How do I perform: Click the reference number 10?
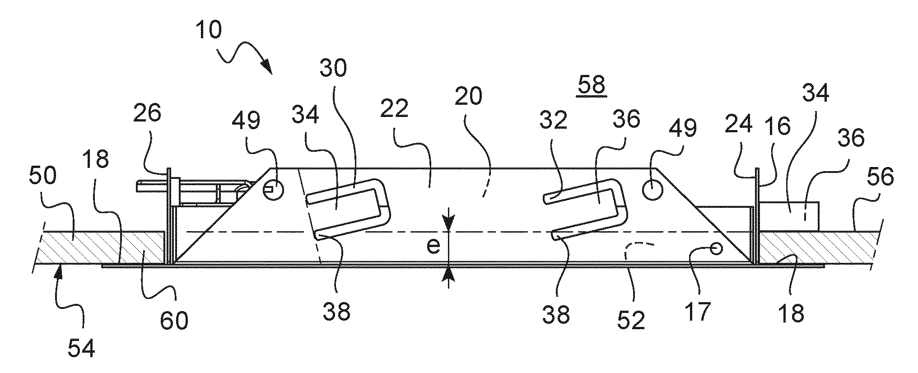209,32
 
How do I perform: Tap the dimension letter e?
433,246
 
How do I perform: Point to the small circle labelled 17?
716,248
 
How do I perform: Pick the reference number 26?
147,113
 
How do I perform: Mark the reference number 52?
632,320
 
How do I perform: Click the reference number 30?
333,68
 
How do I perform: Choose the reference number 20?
469,96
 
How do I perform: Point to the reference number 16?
778,126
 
